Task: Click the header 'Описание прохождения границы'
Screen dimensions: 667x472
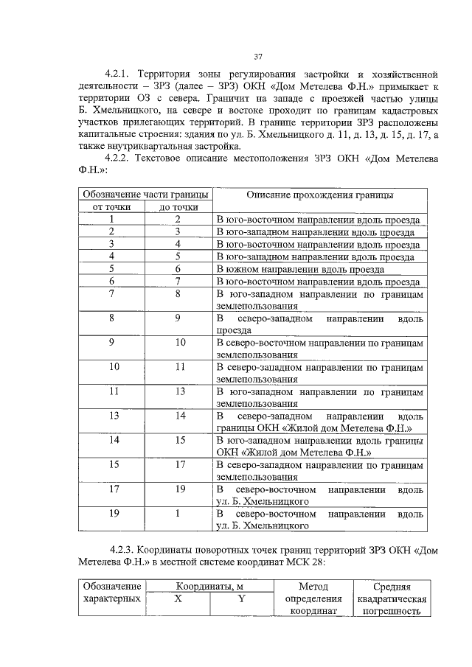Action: coord(319,195)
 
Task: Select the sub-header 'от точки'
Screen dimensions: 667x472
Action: coord(111,207)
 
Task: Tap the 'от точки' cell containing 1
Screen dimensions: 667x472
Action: coord(111,220)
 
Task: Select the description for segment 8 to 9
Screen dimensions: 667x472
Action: coord(319,324)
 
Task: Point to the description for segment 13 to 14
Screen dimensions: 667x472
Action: coord(319,422)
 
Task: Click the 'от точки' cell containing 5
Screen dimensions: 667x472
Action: coord(111,269)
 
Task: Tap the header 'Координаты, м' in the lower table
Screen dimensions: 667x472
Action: coord(209,587)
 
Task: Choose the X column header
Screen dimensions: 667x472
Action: coord(178,599)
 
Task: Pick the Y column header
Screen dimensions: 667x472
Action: coord(241,599)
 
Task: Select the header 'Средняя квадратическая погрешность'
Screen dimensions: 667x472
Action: coord(391,598)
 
